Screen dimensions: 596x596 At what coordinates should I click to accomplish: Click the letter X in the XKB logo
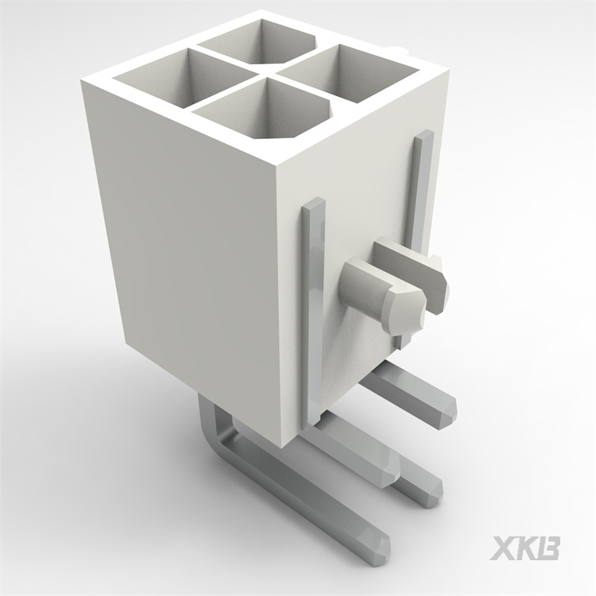[x=503, y=548]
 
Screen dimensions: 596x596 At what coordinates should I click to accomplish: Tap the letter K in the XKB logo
[x=526, y=548]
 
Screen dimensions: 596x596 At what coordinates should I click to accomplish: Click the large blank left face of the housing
[x=183, y=262]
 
